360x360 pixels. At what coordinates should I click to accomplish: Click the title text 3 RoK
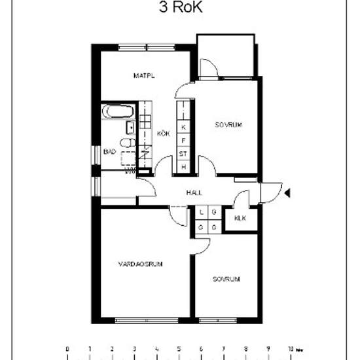coord(179,7)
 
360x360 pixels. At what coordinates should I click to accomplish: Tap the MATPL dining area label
coord(143,76)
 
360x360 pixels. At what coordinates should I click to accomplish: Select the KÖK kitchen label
coord(164,134)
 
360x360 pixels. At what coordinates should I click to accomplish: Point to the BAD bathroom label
coord(110,152)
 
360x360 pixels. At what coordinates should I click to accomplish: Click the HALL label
coord(194,192)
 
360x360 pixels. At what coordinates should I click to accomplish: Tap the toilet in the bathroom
coord(126,143)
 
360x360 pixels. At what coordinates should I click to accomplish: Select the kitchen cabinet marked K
coord(184,126)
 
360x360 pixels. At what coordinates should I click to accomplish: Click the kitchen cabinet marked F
coord(184,140)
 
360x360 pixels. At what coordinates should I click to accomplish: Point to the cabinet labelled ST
coord(184,154)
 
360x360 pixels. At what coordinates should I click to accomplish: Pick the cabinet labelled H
coord(184,168)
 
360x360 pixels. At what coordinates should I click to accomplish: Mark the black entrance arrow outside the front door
coord(287,192)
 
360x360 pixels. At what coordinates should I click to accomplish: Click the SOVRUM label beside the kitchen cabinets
coord(228,124)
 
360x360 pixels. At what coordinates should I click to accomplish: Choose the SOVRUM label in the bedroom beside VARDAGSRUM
coord(226,279)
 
